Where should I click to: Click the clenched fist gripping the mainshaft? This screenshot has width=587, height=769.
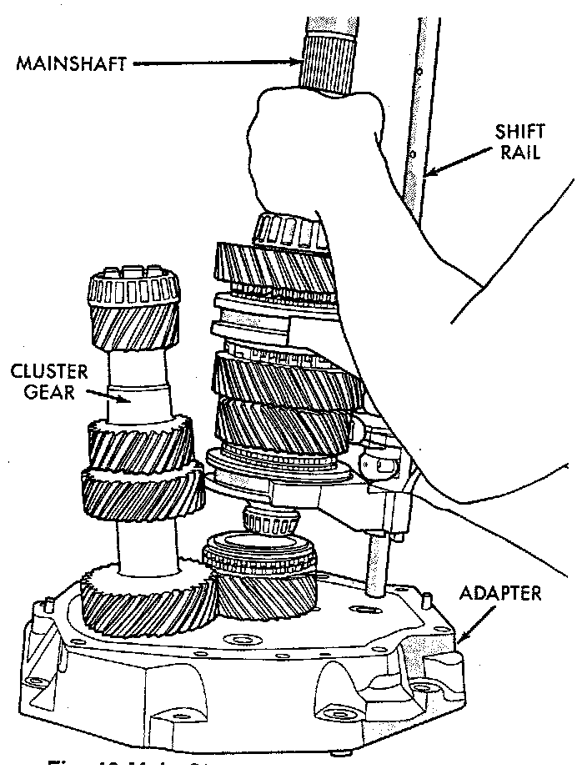(309, 150)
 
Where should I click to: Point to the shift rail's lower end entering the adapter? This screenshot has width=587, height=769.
(376, 575)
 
